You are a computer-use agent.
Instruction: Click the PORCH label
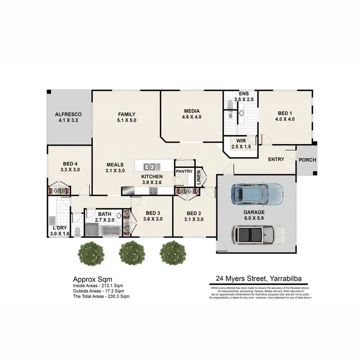pyautogui.click(x=306, y=160)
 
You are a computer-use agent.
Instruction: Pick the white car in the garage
pyautogui.click(x=258, y=235)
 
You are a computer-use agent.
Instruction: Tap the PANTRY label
pyautogui.click(x=184, y=171)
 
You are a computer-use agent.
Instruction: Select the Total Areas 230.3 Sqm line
pyautogui.click(x=101, y=296)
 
